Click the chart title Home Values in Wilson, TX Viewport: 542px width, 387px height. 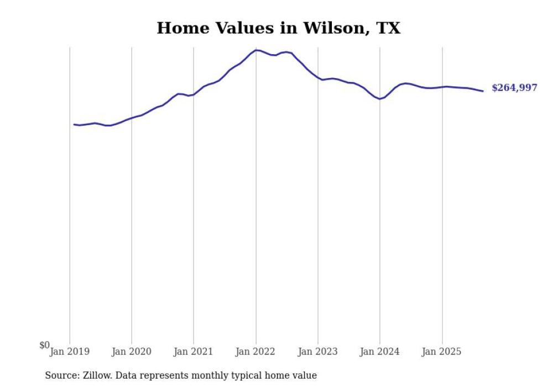tap(278, 28)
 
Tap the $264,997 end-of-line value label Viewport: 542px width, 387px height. tap(514, 88)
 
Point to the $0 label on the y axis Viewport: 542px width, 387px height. tap(44, 345)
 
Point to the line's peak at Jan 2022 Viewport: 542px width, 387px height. tap(256, 50)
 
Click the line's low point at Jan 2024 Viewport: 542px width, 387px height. tap(380, 99)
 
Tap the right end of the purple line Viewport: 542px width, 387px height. tap(483, 91)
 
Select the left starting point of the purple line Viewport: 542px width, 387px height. tap(74, 124)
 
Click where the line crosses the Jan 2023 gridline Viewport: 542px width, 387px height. tap(318, 77)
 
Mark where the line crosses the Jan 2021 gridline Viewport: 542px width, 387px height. tap(194, 94)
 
